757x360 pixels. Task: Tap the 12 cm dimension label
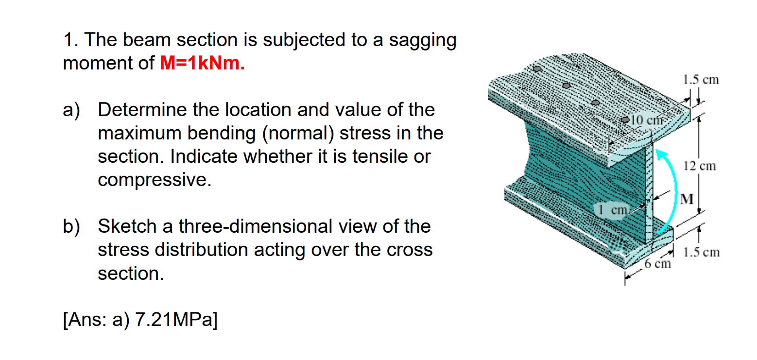coord(699,166)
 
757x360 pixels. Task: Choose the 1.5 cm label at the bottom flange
coord(701,253)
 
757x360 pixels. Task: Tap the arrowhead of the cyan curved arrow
coord(660,154)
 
